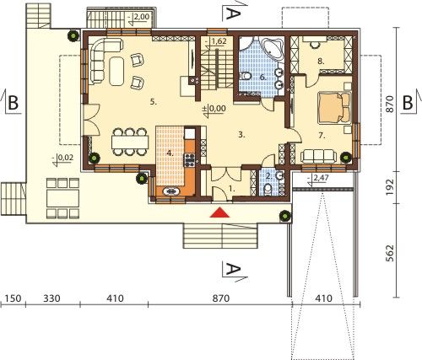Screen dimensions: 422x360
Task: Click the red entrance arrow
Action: [219, 212]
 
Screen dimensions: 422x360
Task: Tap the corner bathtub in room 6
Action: [272, 48]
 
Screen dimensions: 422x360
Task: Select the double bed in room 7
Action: [335, 108]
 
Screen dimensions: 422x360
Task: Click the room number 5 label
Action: [153, 102]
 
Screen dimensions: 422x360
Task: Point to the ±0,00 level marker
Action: [215, 109]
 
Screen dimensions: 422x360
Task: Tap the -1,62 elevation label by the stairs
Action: [216, 41]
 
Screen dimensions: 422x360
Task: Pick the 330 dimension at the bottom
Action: [52, 298]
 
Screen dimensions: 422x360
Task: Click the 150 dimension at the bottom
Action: [13, 298]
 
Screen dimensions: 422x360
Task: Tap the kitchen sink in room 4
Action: [171, 191]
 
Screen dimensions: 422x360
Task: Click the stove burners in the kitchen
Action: [189, 159]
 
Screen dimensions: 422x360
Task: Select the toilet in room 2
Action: [268, 190]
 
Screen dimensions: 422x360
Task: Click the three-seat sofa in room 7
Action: [318, 156]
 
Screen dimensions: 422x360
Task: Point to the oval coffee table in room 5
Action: [116, 71]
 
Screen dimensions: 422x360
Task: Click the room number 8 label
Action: [321, 62]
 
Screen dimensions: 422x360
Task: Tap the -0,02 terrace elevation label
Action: [62, 159]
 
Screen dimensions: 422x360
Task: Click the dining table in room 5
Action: [130, 142]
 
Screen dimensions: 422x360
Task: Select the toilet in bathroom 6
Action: [246, 76]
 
